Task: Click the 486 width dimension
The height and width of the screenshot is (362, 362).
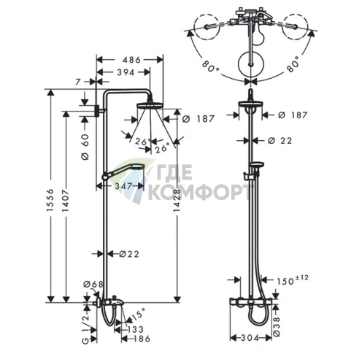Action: [x=131, y=60]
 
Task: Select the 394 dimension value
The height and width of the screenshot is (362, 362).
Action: [x=126, y=72]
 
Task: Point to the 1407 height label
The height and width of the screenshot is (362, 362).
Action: [x=66, y=201]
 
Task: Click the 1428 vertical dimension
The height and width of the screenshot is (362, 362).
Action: [x=177, y=201]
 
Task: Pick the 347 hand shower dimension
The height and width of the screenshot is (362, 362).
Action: [x=123, y=186]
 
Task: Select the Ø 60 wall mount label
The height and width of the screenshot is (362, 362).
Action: [x=85, y=147]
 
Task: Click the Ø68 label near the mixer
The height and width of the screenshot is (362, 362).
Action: [x=93, y=284]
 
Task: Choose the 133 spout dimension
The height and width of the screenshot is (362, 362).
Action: [x=136, y=329]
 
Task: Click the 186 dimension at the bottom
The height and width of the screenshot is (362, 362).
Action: [x=142, y=339]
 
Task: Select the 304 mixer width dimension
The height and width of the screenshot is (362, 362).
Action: [x=250, y=338]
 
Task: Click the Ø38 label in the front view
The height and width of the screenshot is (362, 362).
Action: [x=277, y=327]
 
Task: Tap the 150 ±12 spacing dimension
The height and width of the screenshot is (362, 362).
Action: [x=293, y=280]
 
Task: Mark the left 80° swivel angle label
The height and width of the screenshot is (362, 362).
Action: [x=211, y=65]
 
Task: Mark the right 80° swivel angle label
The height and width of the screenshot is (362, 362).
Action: [x=292, y=64]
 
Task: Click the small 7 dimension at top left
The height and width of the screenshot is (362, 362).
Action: [x=78, y=82]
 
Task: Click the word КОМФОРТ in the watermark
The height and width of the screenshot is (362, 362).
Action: [x=199, y=192]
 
